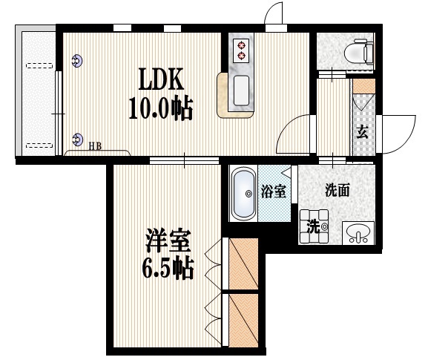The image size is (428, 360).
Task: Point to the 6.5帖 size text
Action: [x=168, y=269]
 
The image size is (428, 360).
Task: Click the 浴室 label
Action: [x=274, y=192]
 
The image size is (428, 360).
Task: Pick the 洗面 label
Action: [x=338, y=190]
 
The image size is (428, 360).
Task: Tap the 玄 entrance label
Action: [x=362, y=133]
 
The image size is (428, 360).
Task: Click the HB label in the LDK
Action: [x=96, y=146]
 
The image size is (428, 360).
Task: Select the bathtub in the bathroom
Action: [x=243, y=194]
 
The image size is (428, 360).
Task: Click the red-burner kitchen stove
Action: [x=242, y=49]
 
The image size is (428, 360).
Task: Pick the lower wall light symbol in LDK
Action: [x=78, y=137]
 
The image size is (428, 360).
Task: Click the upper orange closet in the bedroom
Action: [x=243, y=264]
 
